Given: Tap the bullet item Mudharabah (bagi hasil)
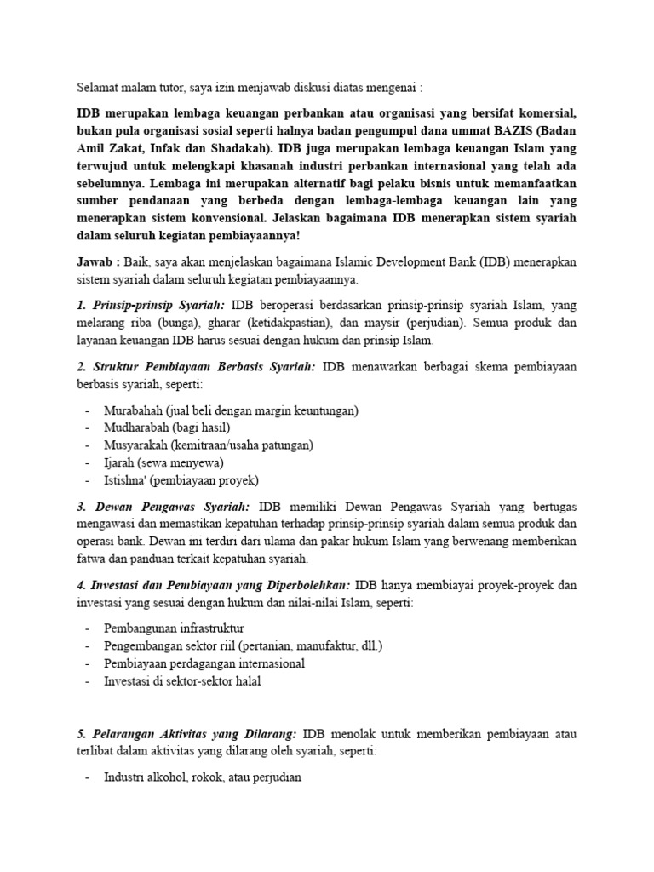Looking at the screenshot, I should coord(167,427).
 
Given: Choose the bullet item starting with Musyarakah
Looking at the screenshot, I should coord(209,445).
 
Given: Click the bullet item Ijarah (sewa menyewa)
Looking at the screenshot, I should coord(163,462).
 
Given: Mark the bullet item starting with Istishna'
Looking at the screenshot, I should coord(181,479).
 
